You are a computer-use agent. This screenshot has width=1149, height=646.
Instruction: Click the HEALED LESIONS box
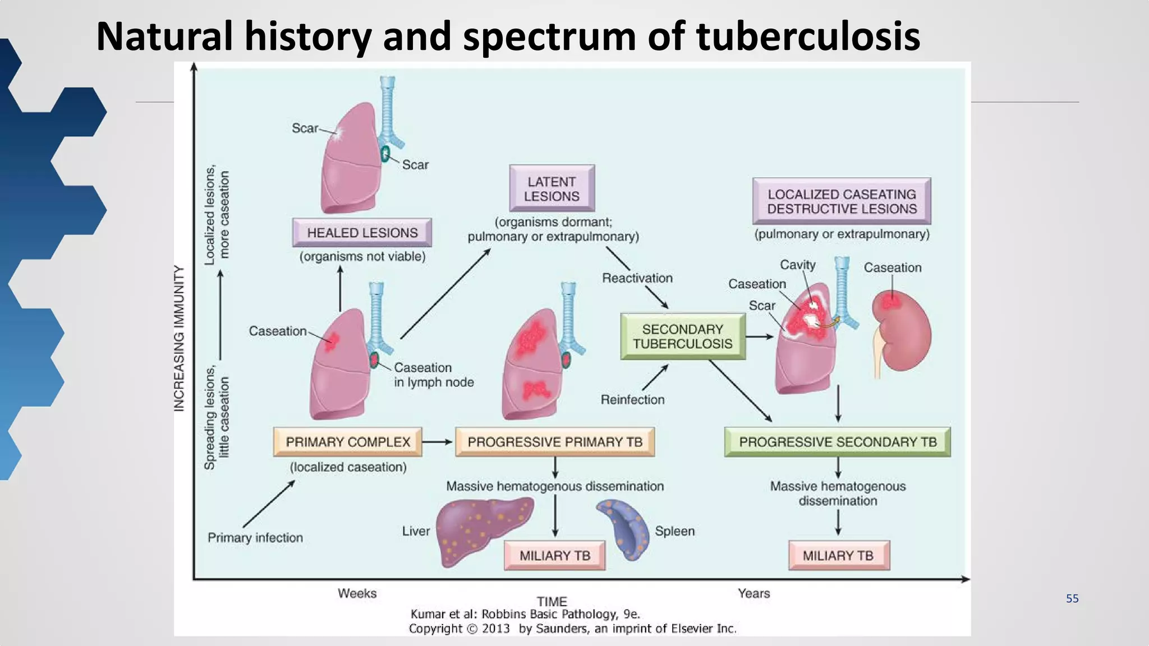362,233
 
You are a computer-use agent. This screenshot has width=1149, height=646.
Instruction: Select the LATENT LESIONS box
551,189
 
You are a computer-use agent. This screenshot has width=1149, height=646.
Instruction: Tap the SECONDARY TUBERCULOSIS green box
682,336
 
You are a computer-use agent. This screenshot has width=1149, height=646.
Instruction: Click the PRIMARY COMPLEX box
348,442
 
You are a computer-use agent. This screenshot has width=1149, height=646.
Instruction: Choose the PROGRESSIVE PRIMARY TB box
554,442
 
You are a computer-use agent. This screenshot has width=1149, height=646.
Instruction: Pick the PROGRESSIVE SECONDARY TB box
837,442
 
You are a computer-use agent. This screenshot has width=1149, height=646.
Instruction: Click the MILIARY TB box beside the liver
554,556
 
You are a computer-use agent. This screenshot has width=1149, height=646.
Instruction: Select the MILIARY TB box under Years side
838,556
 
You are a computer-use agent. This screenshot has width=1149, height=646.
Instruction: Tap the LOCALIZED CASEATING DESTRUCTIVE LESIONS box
842,201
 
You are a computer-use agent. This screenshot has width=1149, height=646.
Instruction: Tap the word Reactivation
637,278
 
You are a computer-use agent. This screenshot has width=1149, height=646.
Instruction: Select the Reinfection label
632,400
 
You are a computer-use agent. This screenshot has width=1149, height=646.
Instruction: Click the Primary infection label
255,538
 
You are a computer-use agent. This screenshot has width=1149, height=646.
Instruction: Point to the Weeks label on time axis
357,593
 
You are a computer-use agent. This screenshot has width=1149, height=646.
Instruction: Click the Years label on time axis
753,593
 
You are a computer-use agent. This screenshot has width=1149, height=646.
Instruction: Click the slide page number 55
1072,598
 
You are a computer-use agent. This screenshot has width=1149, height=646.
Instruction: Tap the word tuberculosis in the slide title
808,36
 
